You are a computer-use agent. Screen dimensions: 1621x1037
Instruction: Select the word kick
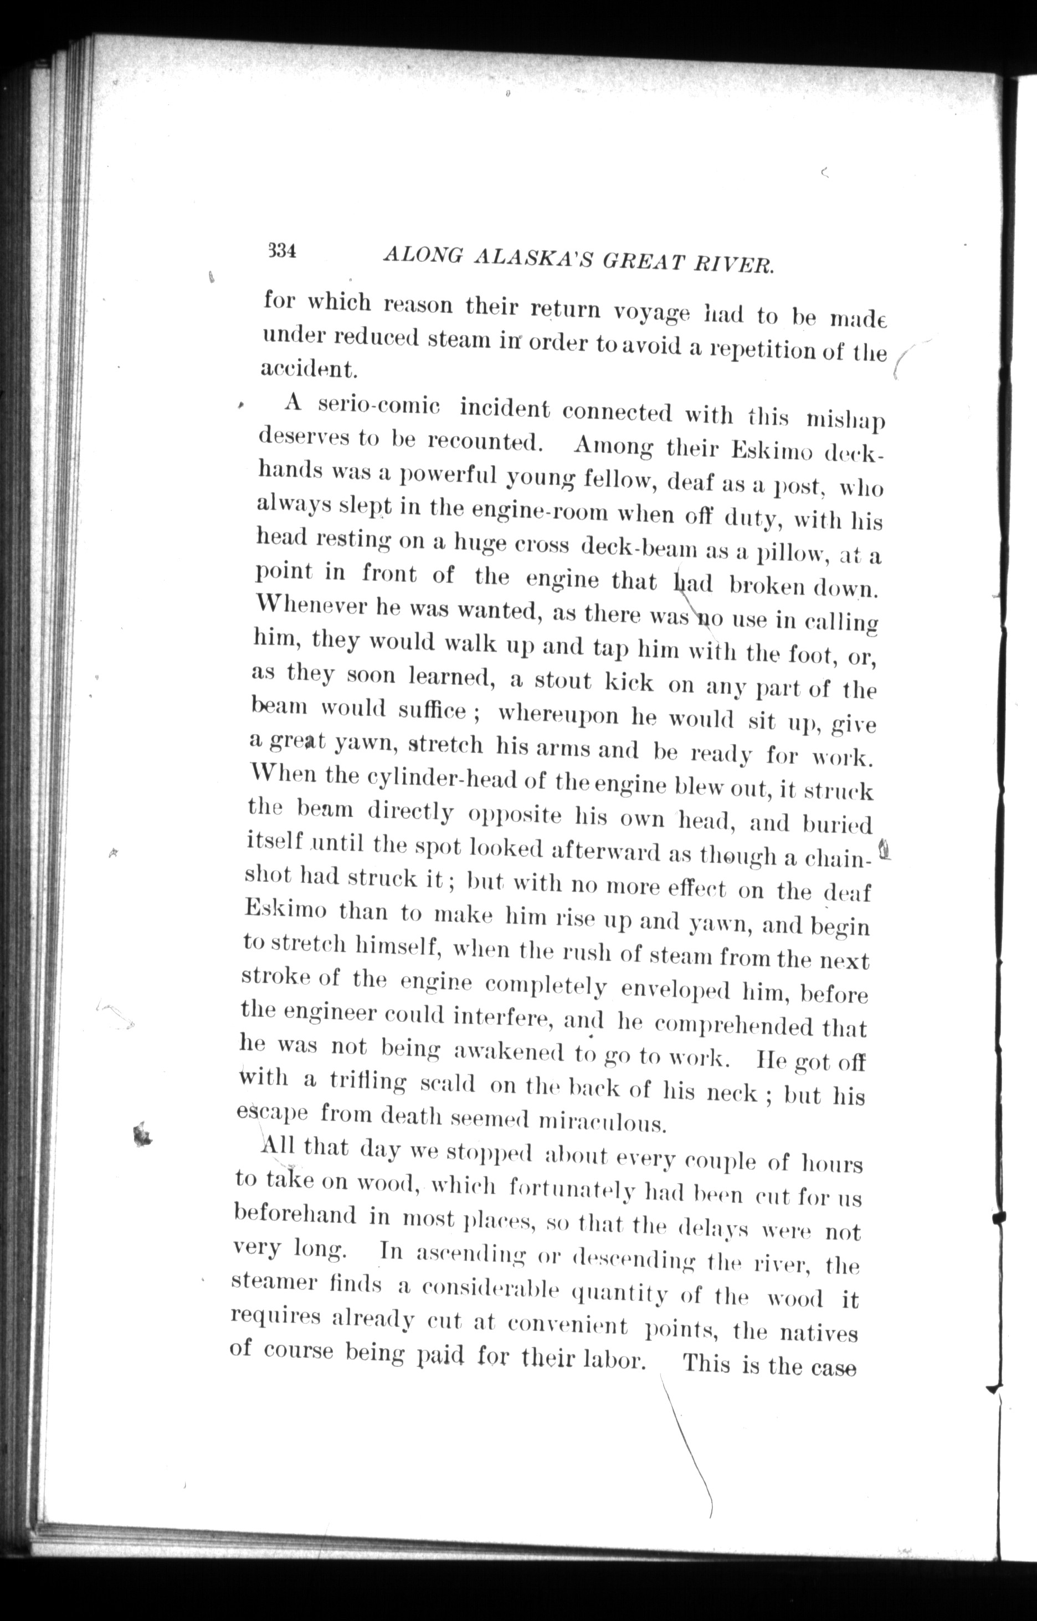[x=628, y=683]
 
